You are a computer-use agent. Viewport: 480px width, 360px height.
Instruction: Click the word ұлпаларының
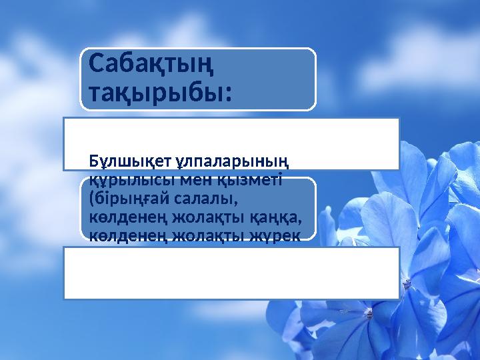click(233, 161)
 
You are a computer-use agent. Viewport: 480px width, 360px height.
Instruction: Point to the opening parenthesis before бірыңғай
click(92, 199)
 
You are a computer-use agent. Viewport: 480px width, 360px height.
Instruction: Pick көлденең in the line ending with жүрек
click(127, 235)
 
